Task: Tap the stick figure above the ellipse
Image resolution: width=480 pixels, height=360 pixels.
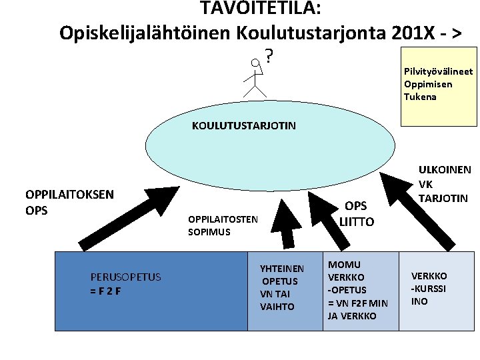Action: coord(255,77)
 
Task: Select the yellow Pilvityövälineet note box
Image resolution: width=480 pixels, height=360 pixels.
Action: coord(438,85)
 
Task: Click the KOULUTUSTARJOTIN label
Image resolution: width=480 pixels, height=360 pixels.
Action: coord(244,125)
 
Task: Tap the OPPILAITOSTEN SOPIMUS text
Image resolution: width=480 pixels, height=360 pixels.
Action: coord(223,225)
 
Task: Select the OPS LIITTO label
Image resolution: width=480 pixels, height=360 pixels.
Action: coord(357,214)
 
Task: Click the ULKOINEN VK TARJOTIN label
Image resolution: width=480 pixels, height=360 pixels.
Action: coord(444,184)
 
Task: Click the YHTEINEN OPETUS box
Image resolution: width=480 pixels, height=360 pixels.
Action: coord(285,291)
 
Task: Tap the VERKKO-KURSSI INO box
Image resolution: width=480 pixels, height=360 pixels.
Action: coord(436,291)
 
